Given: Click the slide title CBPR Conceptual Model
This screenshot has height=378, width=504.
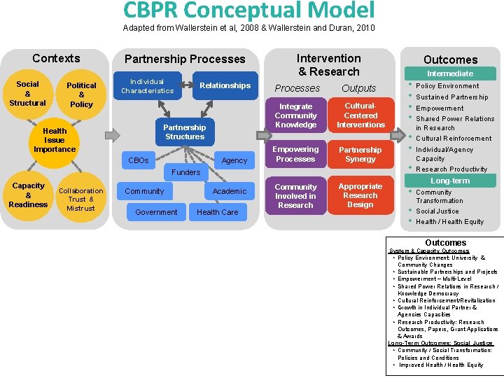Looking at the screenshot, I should pyautogui.click(x=248, y=10).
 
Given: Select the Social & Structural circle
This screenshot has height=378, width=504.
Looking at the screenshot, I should pyautogui.click(x=28, y=94).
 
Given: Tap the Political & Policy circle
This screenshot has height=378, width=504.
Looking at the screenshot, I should pyautogui.click(x=81, y=94).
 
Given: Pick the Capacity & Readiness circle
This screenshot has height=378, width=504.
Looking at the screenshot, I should pyautogui.click(x=28, y=195).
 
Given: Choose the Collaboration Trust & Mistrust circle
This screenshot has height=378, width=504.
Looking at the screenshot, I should pyautogui.click(x=81, y=199).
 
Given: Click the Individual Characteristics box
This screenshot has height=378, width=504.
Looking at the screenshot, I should pyautogui.click(x=147, y=86).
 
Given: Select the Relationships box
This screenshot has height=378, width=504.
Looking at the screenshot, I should pyautogui.click(x=225, y=85).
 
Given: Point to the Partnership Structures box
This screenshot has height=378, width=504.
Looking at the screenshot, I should pyautogui.click(x=185, y=132).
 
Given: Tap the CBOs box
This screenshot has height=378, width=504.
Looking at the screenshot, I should pyautogui.click(x=139, y=160).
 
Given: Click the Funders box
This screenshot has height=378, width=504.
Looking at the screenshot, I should pyautogui.click(x=185, y=171).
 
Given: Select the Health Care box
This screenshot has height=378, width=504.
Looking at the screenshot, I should pyautogui.click(x=217, y=211).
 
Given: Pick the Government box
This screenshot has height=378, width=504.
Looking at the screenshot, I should pyautogui.click(x=156, y=211).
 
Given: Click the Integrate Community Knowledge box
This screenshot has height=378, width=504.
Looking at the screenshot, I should pyautogui.click(x=295, y=115).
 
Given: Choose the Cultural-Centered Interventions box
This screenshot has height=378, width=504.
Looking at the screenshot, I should pyautogui.click(x=360, y=115).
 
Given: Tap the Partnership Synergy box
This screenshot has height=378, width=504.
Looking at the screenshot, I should pyautogui.click(x=360, y=154).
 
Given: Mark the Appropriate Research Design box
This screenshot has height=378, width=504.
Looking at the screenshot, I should pyautogui.click(x=360, y=195).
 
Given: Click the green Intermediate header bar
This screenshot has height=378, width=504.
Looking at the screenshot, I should pyautogui.click(x=450, y=73).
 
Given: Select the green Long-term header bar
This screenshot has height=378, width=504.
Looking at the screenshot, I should pyautogui.click(x=450, y=181).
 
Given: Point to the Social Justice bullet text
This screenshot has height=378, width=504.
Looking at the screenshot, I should pyautogui.click(x=437, y=211).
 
